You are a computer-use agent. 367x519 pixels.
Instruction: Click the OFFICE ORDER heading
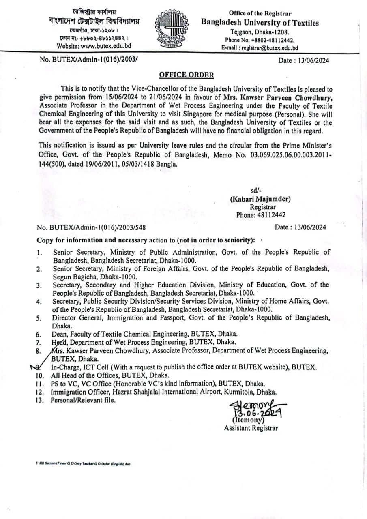[x=186, y=75]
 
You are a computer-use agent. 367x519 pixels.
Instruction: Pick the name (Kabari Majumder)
[x=260, y=199]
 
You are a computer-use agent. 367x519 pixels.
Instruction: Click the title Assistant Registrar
[x=251, y=428]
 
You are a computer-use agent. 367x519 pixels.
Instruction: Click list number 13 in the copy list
[x=40, y=401]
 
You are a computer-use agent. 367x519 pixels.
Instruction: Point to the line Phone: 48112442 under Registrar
[x=261, y=215]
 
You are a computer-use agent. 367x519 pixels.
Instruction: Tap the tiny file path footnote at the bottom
[x=83, y=463]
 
